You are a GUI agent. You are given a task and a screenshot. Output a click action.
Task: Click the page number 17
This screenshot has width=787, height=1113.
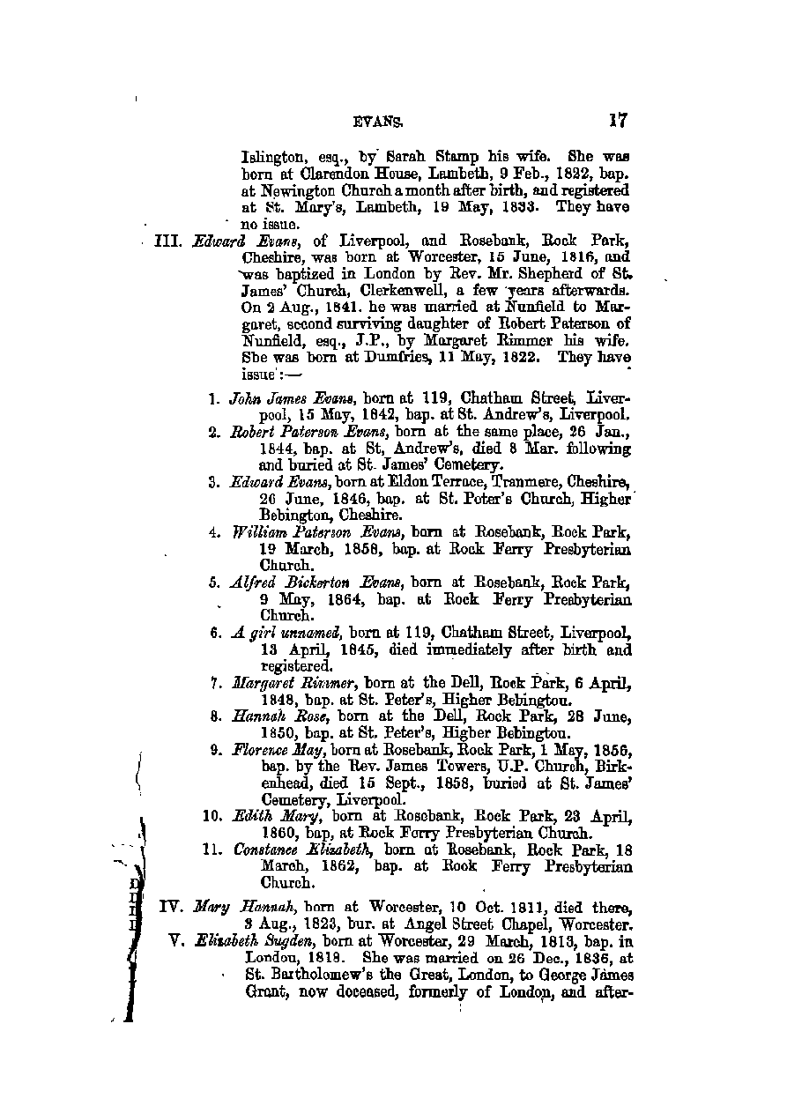[x=616, y=121]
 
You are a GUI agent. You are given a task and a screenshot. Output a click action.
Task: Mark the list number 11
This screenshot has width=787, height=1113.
[x=212, y=851]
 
